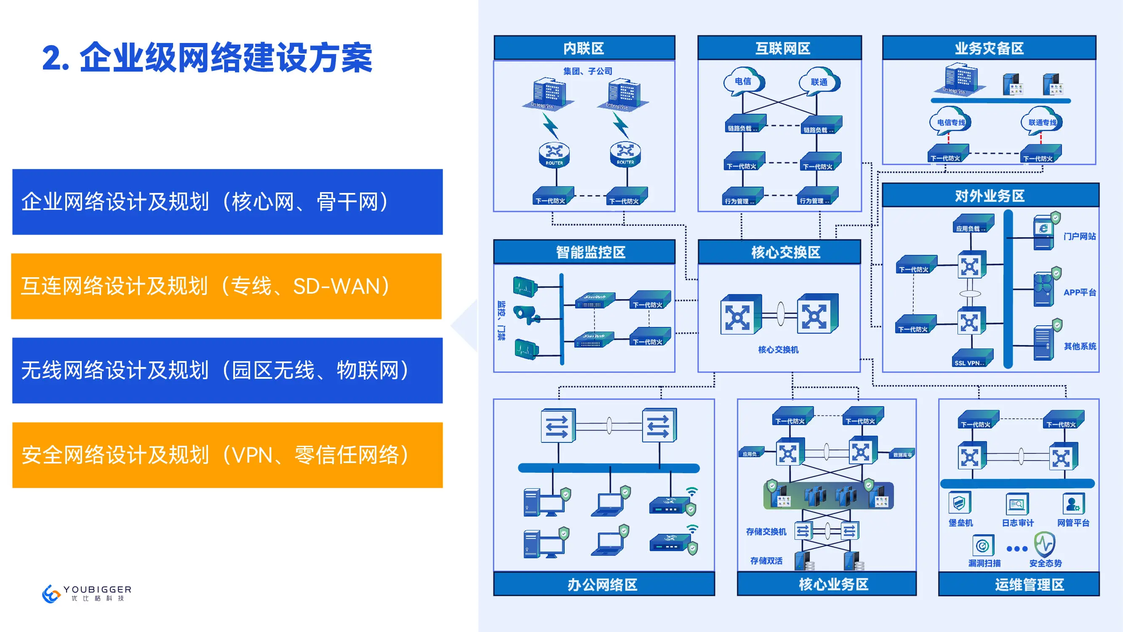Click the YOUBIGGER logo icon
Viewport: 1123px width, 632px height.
[x=51, y=594]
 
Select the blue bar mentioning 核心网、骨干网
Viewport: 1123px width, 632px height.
[x=227, y=202]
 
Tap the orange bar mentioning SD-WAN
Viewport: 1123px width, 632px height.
[x=226, y=286]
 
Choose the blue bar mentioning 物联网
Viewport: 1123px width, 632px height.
[x=227, y=370]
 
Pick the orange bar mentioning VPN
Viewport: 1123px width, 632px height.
[x=227, y=455]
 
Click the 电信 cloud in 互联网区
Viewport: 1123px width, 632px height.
[x=743, y=81]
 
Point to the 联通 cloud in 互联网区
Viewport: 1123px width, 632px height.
[x=819, y=82]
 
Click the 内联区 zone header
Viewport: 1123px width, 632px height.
[x=584, y=48]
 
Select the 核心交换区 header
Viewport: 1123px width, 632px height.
[x=786, y=252]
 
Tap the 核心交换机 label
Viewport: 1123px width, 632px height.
[x=778, y=349]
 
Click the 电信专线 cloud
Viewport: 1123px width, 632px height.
[x=951, y=122]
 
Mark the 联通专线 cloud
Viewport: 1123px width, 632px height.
[x=1042, y=122]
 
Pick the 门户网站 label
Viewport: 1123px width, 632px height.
[x=1079, y=236]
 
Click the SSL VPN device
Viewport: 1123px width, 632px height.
[x=972, y=358]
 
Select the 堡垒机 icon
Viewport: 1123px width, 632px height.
[x=959, y=503]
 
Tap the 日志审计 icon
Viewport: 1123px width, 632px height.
[x=1017, y=504]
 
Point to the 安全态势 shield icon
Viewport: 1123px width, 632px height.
[x=1045, y=544]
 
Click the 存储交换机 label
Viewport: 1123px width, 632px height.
[x=766, y=531]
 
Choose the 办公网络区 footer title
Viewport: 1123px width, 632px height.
[x=603, y=584]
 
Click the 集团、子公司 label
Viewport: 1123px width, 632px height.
[x=588, y=71]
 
